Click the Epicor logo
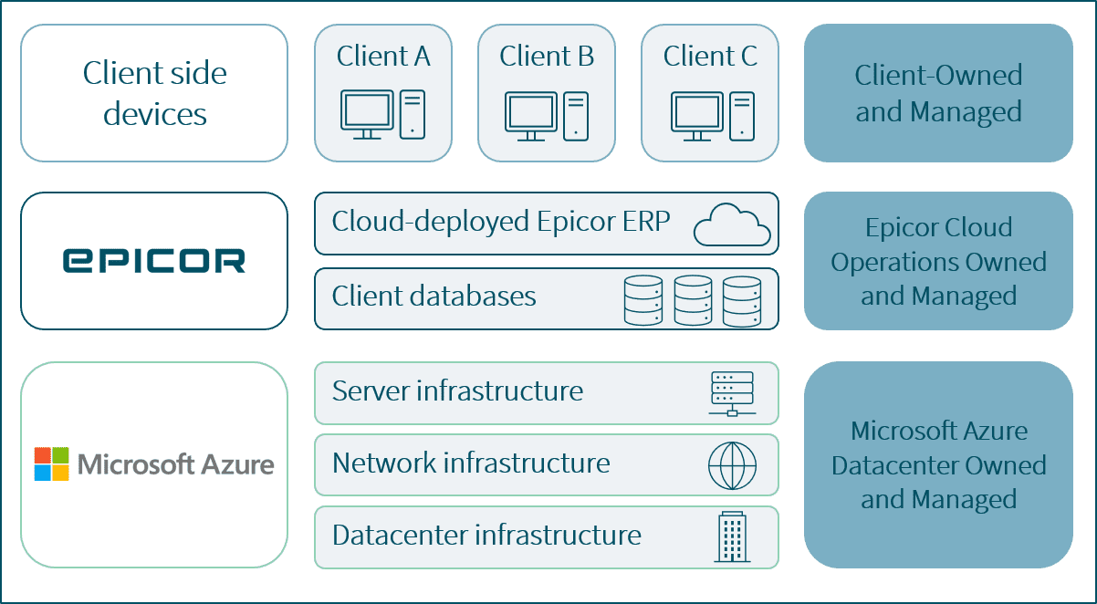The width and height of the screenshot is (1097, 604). tap(153, 261)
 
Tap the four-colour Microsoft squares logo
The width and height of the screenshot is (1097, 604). tap(52, 463)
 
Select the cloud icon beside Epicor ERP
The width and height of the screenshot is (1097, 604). tap(731, 224)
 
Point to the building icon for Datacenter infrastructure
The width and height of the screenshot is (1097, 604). tap(732, 536)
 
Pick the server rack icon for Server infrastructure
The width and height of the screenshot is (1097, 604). tap(732, 393)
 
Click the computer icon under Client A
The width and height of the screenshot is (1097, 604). tap(383, 114)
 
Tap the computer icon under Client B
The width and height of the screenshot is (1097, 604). tap(547, 114)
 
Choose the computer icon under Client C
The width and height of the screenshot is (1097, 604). tap(711, 114)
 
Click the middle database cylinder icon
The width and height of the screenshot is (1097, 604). tap(693, 299)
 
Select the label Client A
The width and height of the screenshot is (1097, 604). tap(383, 57)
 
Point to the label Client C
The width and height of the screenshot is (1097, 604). tap(710, 57)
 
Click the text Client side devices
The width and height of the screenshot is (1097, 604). tap(154, 93)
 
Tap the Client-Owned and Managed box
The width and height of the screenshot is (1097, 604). tap(938, 93)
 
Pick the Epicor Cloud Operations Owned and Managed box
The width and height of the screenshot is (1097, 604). tap(938, 261)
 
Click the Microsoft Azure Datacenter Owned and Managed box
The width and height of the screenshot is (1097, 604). tap(938, 464)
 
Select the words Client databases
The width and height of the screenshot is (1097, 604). tap(434, 297)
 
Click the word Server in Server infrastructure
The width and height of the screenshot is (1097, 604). tap(370, 391)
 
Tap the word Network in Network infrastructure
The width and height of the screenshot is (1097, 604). tap(383, 463)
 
